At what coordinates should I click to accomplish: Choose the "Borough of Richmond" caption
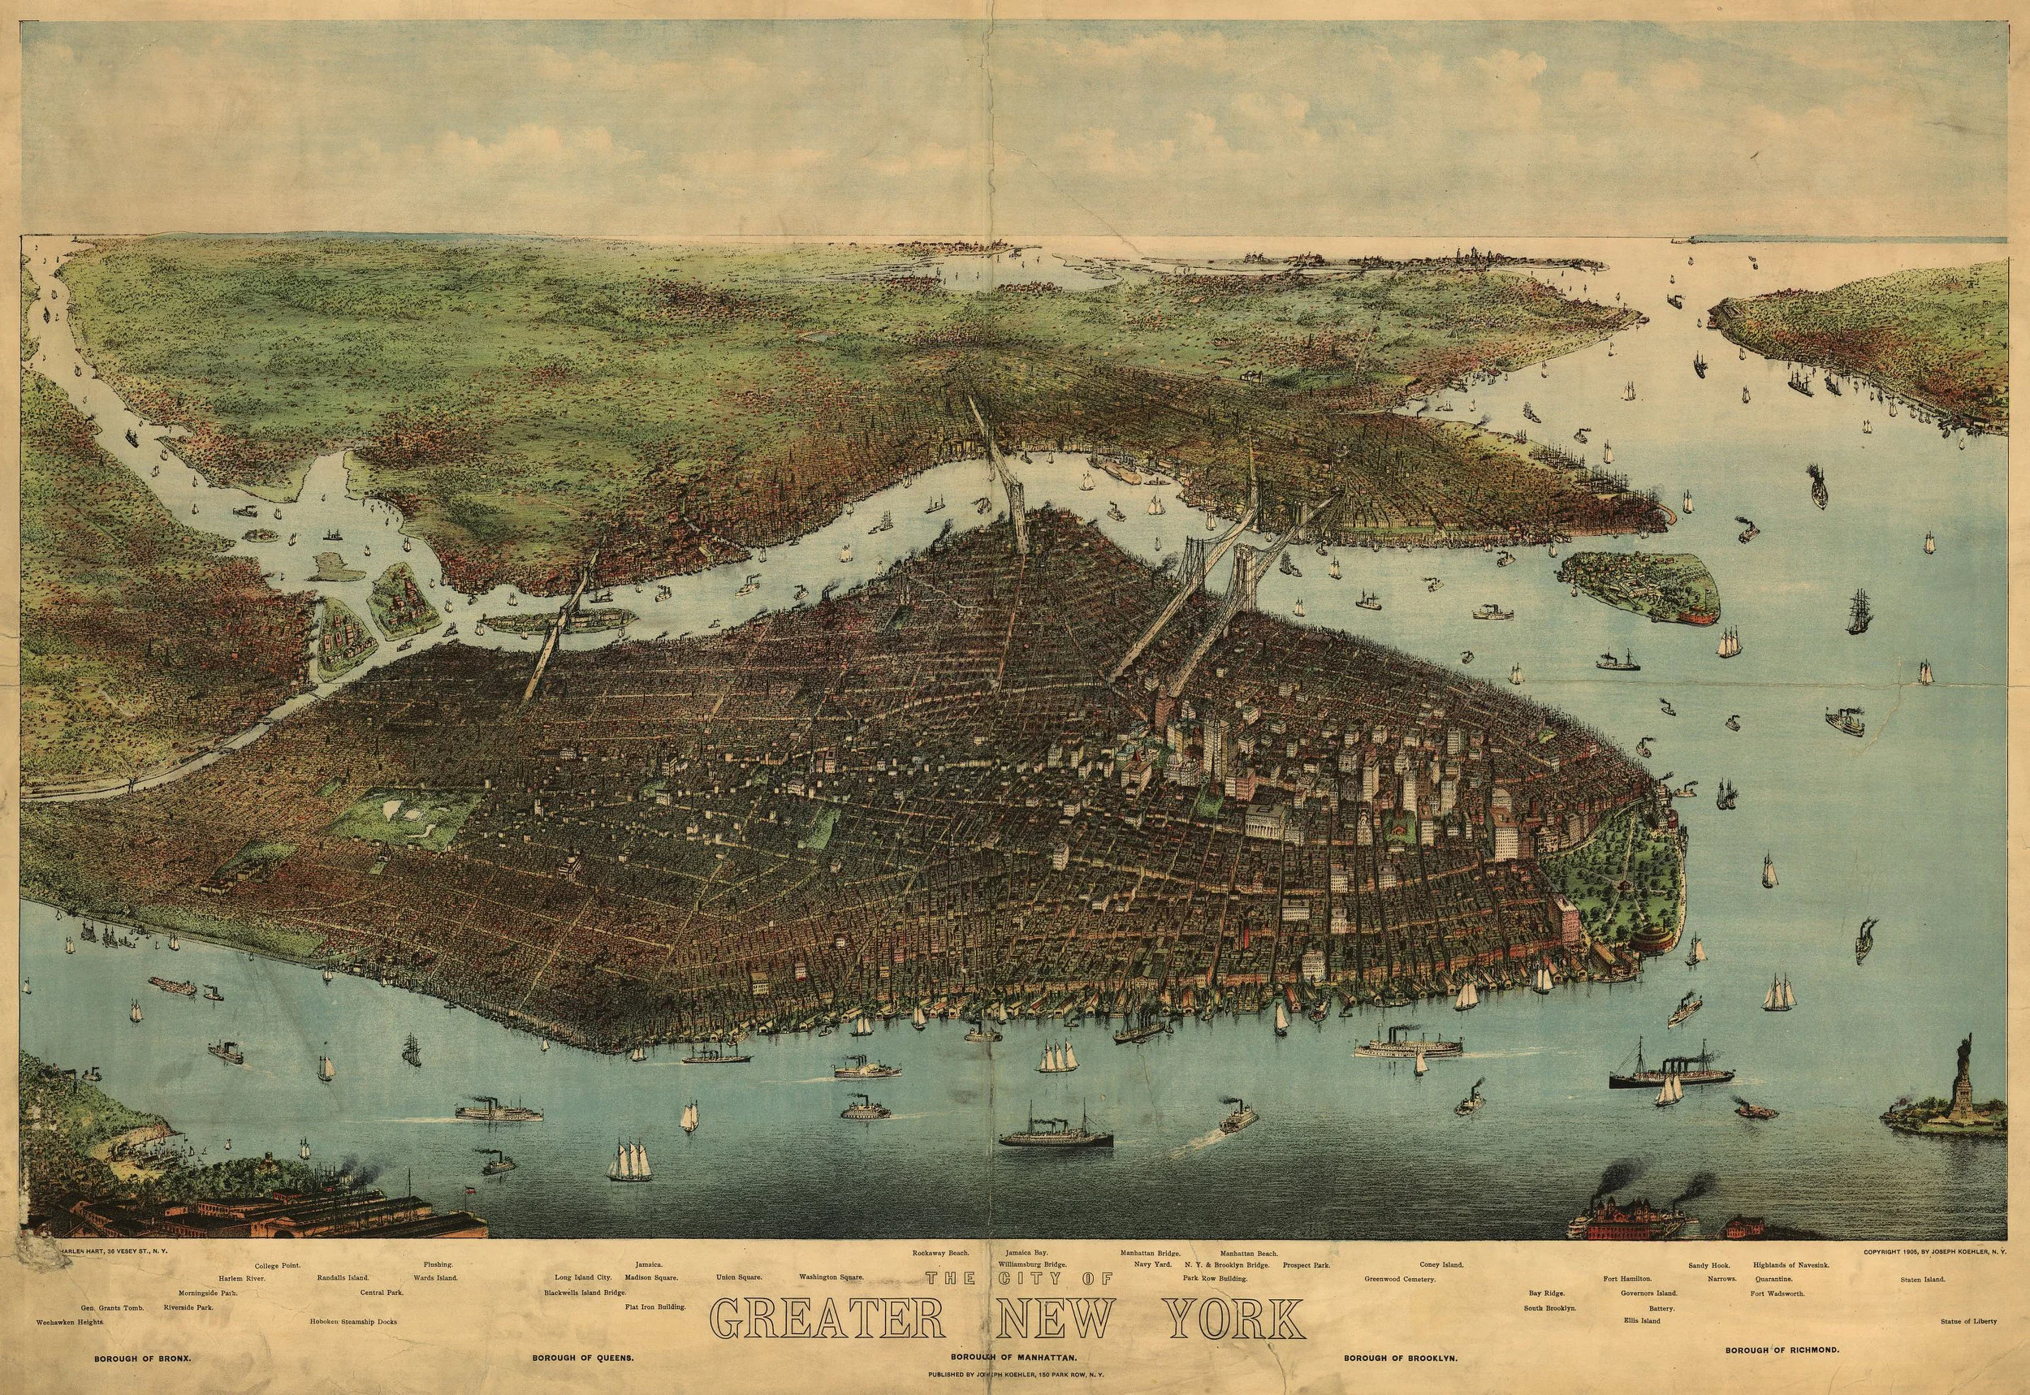pyautogui.click(x=1779, y=1350)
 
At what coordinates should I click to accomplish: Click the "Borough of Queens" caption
pyautogui.click(x=582, y=1358)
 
